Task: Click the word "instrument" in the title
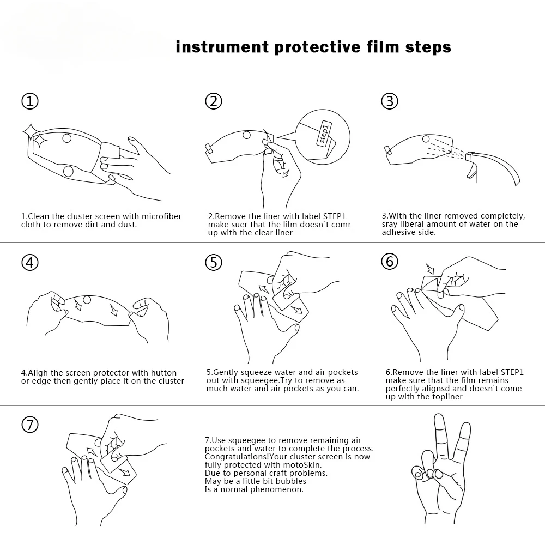click(x=222, y=47)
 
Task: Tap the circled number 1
click(x=30, y=101)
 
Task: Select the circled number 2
click(x=214, y=101)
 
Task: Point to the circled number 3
click(x=390, y=101)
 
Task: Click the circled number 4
click(x=30, y=262)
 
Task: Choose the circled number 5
click(x=214, y=262)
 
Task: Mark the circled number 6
click(x=390, y=262)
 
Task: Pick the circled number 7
click(x=30, y=425)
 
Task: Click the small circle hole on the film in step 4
click(x=87, y=300)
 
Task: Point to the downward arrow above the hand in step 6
click(x=431, y=268)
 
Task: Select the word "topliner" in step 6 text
click(x=447, y=397)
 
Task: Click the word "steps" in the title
click(x=428, y=47)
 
